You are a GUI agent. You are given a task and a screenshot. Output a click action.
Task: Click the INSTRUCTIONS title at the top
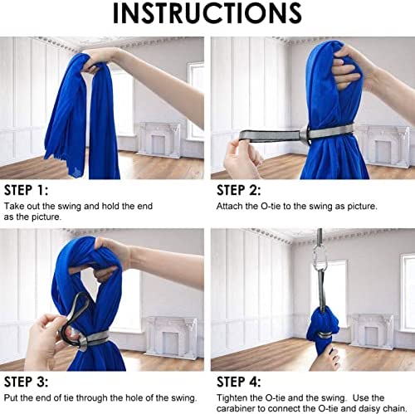(207, 14)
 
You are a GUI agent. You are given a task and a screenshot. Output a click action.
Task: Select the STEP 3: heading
(28, 382)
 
